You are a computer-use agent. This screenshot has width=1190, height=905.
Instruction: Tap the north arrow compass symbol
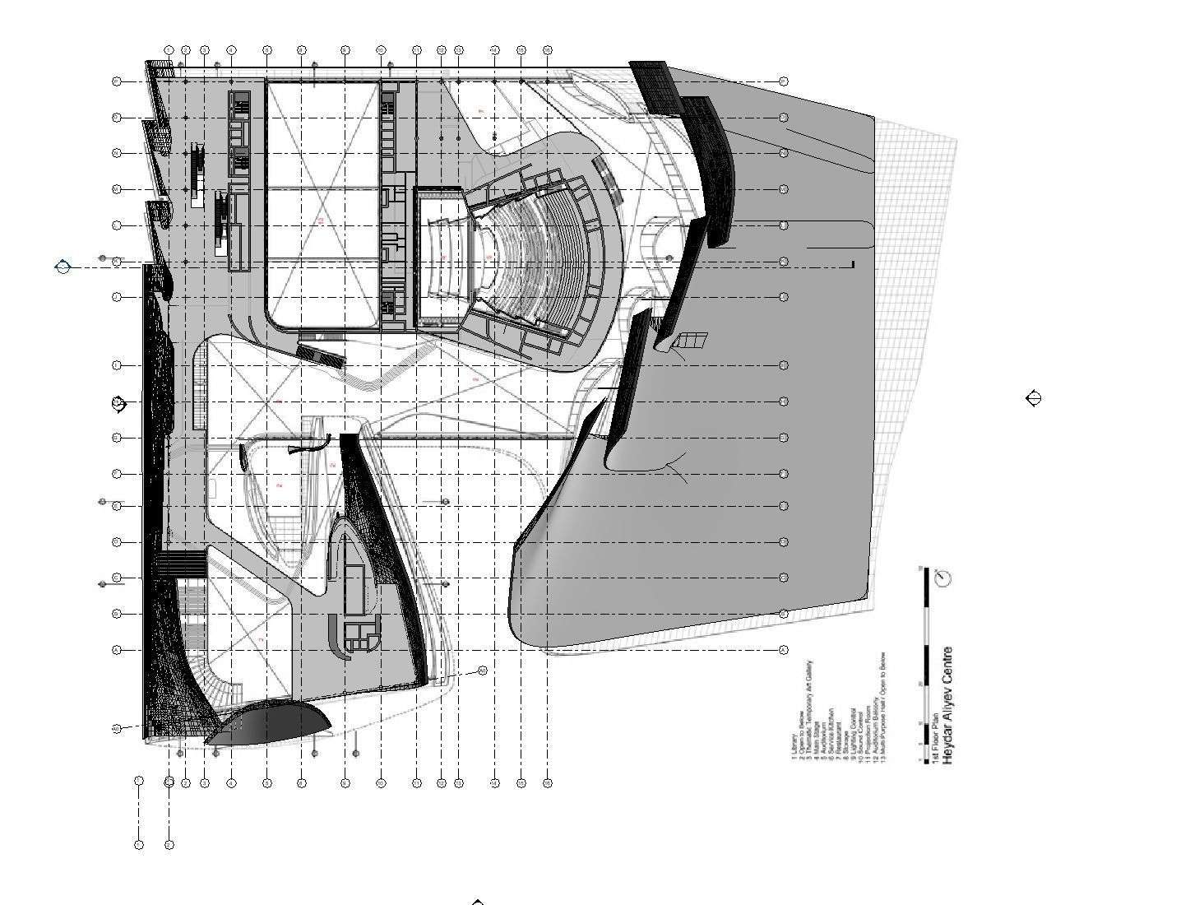coord(945,578)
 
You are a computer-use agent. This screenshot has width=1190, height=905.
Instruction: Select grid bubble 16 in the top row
coord(548,50)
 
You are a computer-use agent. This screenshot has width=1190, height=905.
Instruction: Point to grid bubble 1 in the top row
coord(169,50)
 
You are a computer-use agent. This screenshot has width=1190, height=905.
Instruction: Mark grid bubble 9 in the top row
coord(381,50)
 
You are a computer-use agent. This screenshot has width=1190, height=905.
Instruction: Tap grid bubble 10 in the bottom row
coord(417,783)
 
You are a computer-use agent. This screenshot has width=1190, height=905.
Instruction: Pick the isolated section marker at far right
coord(1035,399)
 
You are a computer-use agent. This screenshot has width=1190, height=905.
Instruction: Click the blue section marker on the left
coord(63,266)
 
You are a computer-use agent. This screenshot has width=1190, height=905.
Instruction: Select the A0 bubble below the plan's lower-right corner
coord(482,671)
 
